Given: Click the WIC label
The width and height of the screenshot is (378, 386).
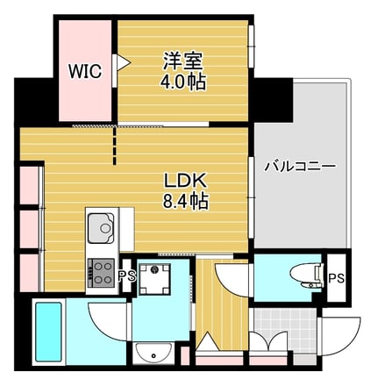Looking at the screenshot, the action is pos(85,70).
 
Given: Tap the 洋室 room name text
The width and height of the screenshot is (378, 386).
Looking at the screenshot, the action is pos(183,61).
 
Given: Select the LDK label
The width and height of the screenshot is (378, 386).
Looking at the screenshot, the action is pos(185,181).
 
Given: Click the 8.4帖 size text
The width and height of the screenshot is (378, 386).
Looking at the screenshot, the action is pos(185,201).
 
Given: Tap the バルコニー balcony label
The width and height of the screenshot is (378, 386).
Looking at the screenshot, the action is pos(300,167).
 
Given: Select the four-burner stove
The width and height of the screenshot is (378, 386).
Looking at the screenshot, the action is pos(100,273).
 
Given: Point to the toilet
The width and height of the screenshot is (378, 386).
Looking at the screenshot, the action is pos(307,275).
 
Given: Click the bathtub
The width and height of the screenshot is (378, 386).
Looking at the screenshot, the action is pos(48,332).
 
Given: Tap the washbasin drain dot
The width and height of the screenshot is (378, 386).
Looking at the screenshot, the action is pos(153,355).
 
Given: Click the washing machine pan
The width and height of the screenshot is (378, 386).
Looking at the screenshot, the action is pos(154,279).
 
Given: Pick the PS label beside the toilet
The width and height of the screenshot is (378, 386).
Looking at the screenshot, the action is pos(336,278).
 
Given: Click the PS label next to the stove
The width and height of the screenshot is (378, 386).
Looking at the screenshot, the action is pos(127,275).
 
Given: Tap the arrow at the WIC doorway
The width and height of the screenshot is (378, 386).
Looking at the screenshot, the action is pos(123,62).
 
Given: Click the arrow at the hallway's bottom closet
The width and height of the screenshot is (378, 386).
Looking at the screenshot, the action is pos(208,340).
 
